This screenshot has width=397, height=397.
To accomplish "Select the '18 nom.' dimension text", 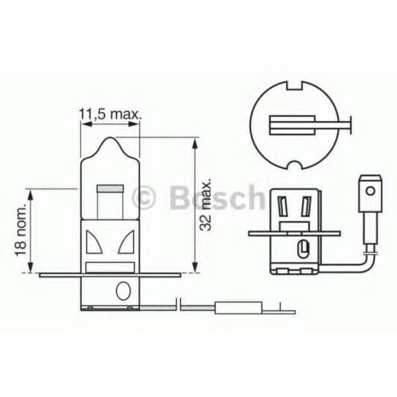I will pyautogui.click(x=20, y=233).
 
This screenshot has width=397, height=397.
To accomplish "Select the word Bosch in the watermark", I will pyautogui.click(x=216, y=198).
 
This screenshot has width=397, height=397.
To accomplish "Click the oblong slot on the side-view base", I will pyautogui.click(x=303, y=248).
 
